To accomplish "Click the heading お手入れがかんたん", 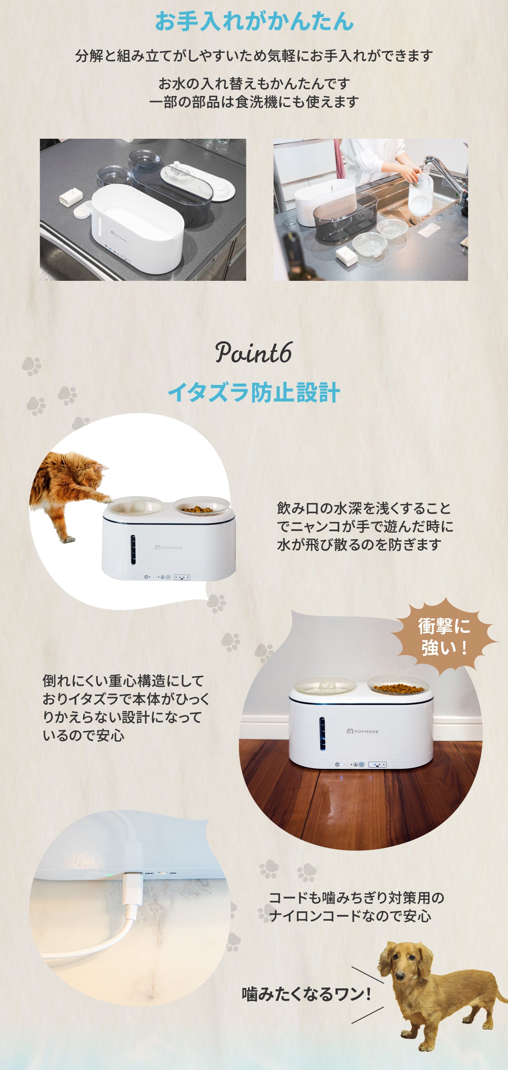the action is coord(254,21).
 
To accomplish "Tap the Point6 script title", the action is coord(254,353).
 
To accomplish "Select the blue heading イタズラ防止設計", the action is coord(254,392).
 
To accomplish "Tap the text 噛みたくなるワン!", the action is coord(306,993).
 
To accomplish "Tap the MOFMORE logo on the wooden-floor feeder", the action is coord(363,731).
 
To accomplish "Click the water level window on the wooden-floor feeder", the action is coord(322,734).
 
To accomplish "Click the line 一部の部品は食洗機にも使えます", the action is coord(254,102).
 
